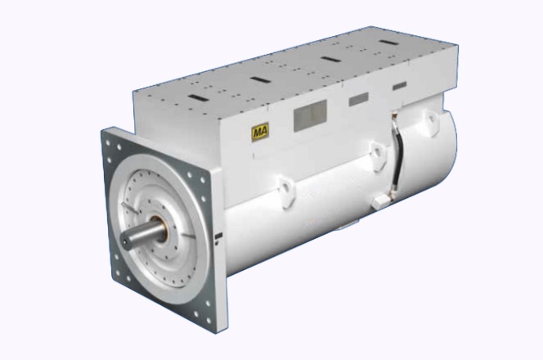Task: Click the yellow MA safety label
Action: coord(260,132)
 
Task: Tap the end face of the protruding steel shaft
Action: coord(125,241)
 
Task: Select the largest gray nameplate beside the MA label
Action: coord(310,115)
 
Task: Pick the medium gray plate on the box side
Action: coord(358,99)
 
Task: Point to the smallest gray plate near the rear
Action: coord(399,86)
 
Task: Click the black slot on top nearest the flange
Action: coord(199,98)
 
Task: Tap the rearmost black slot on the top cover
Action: coord(389,43)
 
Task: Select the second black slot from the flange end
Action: coord(260,79)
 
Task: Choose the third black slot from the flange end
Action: coord(330,59)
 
